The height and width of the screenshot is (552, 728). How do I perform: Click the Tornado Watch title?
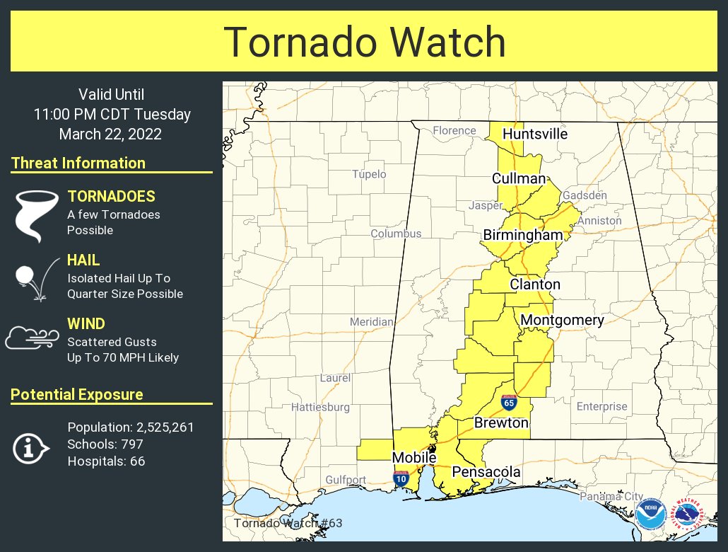pos(365,42)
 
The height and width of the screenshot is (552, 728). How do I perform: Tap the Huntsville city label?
pos(534,134)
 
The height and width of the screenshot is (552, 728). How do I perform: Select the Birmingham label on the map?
pos(523,235)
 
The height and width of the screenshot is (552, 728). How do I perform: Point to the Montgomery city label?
pos(562,320)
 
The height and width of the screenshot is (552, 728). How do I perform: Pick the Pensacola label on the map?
pos(486,471)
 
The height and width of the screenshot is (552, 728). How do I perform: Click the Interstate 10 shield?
pos(401,478)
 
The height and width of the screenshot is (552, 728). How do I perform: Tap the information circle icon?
pos(31,447)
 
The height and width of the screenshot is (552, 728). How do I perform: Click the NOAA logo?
pos(650,514)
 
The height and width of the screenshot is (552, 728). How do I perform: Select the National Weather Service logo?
pos(690,514)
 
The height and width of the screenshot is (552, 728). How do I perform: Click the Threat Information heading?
pos(78,163)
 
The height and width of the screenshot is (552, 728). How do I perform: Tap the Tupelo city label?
pos(370,174)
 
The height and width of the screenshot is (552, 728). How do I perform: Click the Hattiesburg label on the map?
pos(320,407)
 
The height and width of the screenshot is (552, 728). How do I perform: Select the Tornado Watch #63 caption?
pos(288,524)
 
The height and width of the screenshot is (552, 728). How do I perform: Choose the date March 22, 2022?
pos(110,134)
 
